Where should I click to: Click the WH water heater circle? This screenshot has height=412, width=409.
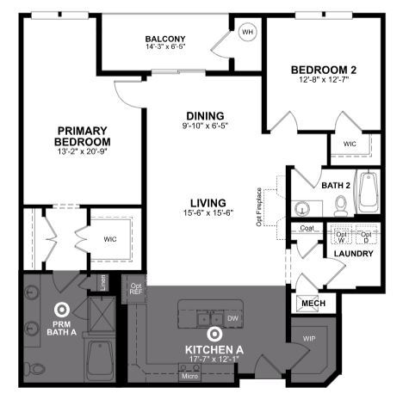[248, 33]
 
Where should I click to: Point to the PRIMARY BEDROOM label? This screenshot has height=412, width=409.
[83, 136]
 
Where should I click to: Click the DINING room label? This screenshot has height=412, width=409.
[205, 116]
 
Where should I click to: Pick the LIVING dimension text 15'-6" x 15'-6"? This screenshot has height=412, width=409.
[205, 214]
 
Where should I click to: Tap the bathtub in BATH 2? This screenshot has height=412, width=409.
[369, 194]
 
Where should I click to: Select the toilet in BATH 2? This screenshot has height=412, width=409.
[340, 206]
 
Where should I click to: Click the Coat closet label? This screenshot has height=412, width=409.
[307, 228]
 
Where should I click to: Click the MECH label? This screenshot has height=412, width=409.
[310, 304]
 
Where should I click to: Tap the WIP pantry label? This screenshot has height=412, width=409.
[309, 339]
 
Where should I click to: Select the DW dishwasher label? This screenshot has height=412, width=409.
[233, 317]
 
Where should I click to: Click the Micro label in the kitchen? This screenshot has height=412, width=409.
[189, 375]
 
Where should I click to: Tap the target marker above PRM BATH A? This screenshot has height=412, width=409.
[61, 308]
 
